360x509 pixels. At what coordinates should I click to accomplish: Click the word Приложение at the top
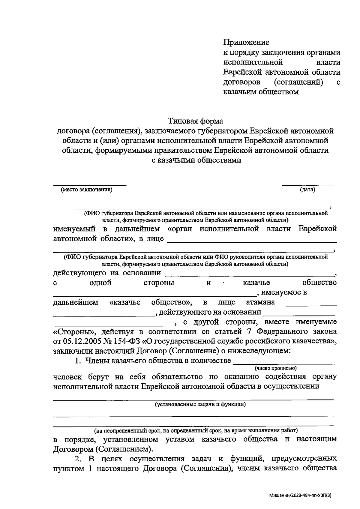246,43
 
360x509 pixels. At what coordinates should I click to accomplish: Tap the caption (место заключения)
86,190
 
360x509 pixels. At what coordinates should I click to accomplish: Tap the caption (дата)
307,190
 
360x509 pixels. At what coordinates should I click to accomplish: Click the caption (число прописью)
275,368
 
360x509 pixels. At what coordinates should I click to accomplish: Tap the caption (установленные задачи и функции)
200,404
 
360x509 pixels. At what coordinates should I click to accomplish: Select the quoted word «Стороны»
74,332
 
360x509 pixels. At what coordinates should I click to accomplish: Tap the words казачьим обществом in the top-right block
261,92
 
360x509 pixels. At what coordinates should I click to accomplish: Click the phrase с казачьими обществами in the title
196,160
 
